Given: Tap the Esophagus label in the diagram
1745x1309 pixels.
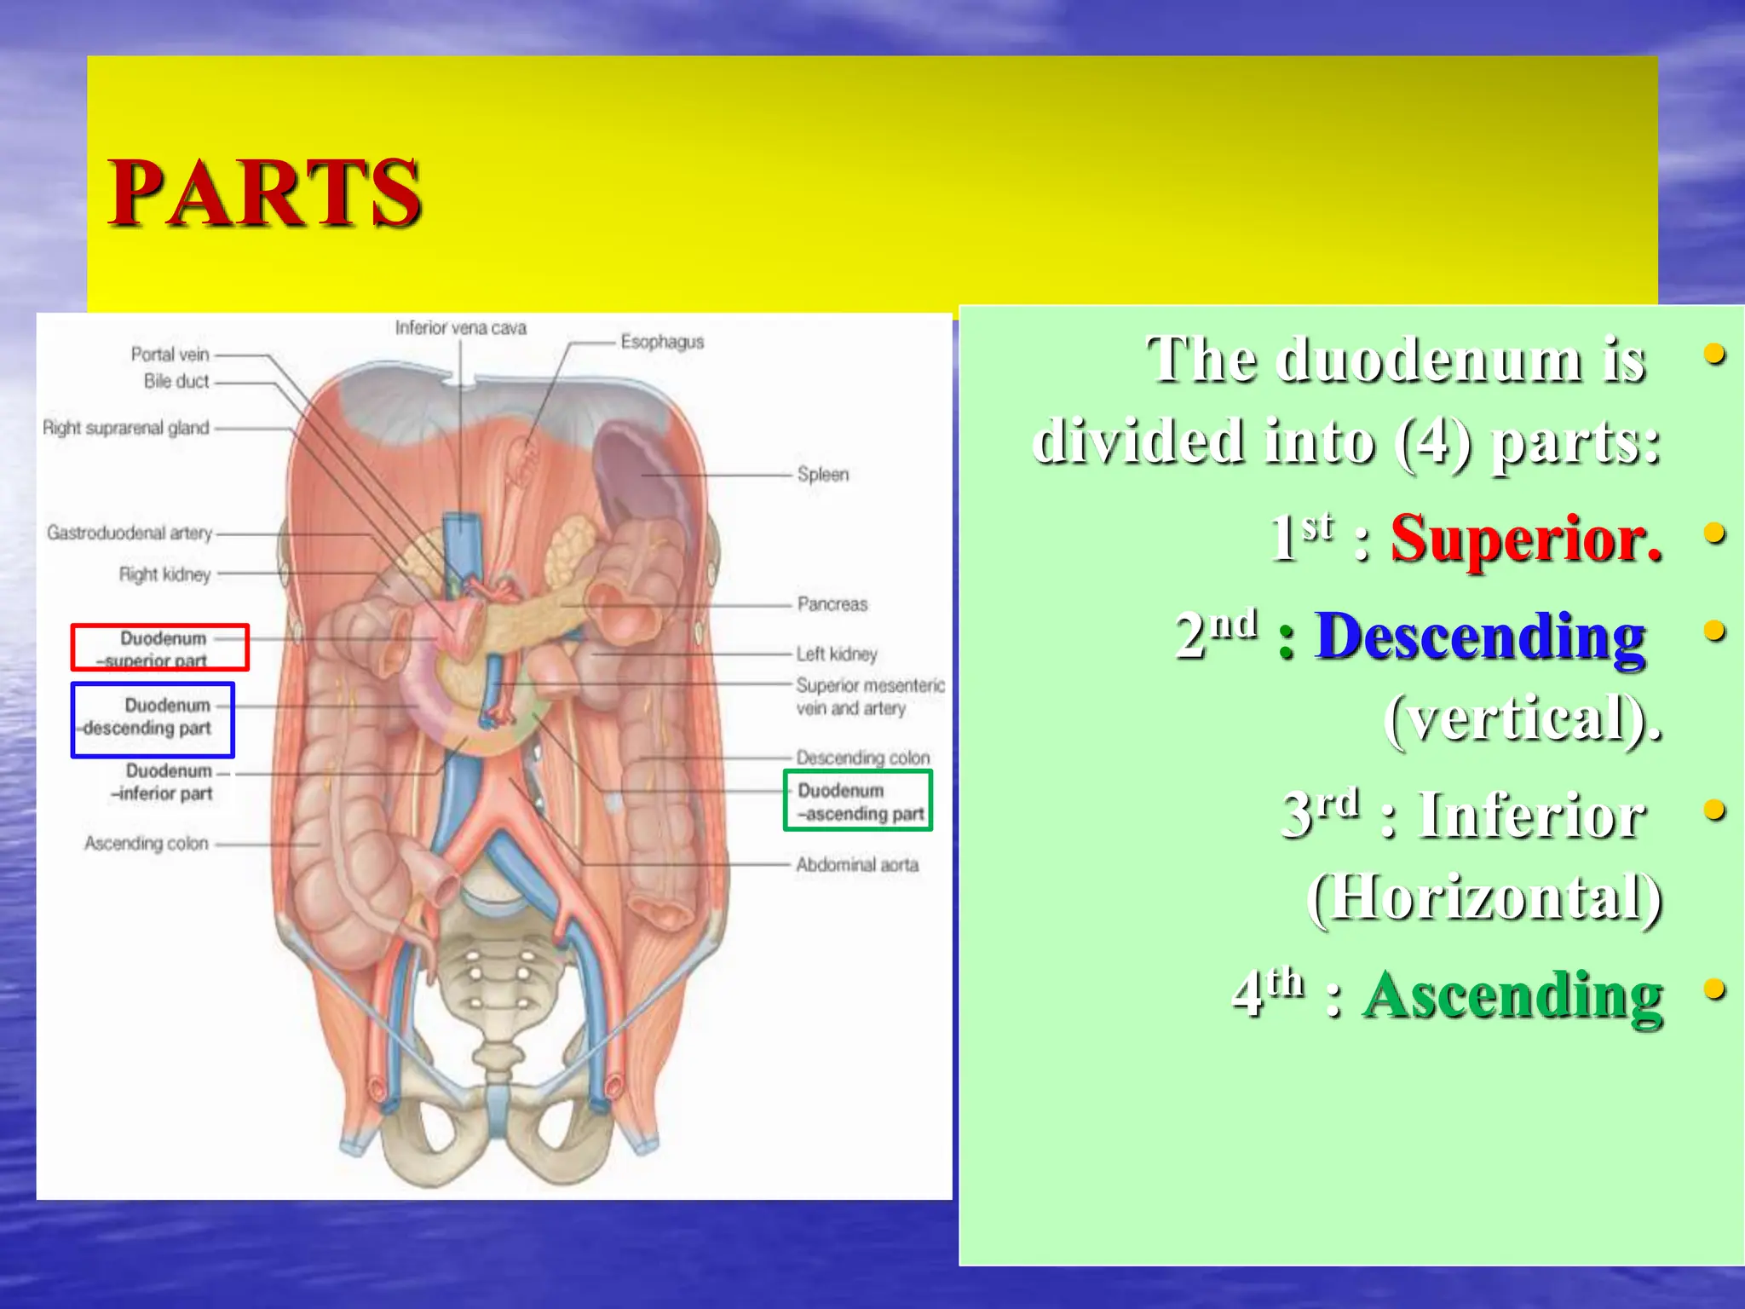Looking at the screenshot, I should [662, 342].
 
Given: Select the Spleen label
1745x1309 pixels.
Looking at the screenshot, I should [823, 475].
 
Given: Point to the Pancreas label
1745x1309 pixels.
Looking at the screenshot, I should [832, 604].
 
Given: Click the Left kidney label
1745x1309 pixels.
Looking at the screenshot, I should [837, 654].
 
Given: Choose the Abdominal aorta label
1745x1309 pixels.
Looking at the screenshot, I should [857, 865].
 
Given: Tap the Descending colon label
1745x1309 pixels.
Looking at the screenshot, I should [863, 758].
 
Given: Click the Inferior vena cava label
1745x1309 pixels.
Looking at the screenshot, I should [461, 328].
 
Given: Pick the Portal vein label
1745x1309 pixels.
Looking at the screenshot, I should [170, 355].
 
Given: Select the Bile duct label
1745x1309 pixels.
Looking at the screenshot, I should [176, 382].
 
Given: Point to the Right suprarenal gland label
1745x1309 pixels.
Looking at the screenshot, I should [126, 428].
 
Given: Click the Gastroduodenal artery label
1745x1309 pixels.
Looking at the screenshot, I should [130, 533].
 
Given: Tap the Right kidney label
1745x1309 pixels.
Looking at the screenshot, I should [164, 574].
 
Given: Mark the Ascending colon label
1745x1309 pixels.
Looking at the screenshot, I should [147, 844].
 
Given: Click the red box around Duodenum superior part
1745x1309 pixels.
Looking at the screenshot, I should [160, 648].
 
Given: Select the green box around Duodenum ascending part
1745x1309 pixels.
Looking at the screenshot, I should [858, 800].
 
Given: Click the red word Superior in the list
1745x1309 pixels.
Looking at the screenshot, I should [1526, 539].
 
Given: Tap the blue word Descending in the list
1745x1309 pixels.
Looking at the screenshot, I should [1481, 637].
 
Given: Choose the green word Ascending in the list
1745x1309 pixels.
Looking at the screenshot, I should [1512, 995].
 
